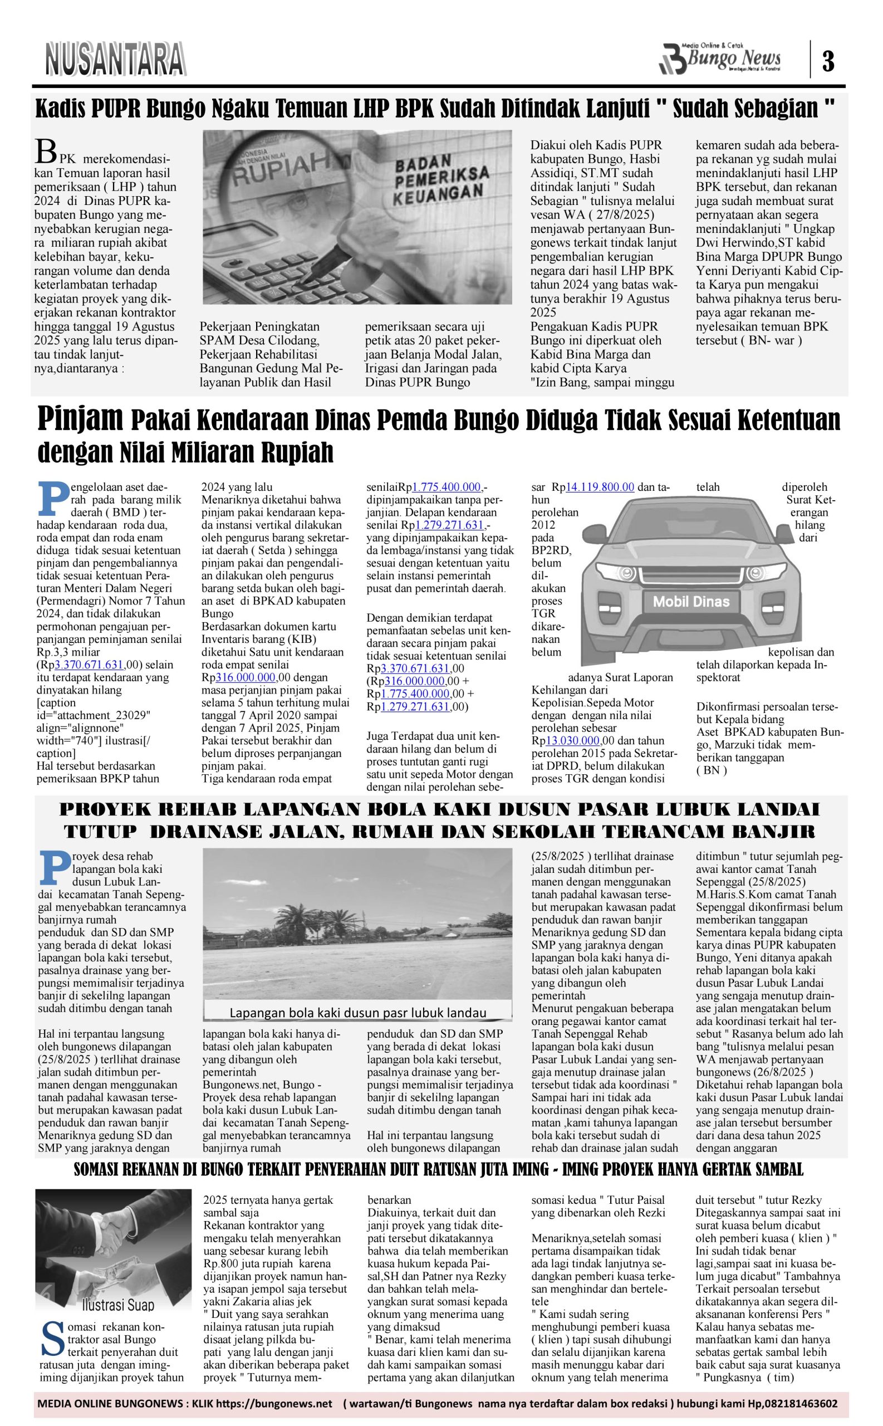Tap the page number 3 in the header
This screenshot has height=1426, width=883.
coord(828,60)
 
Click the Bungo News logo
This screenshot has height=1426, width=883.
coord(720,59)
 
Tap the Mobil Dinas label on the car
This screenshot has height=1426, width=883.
coord(691,601)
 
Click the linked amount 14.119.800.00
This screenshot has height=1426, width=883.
coord(600,487)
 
